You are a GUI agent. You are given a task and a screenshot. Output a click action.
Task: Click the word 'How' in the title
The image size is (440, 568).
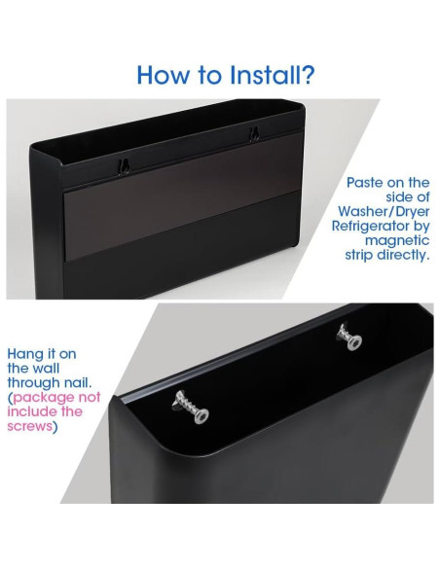click(x=159, y=74)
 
